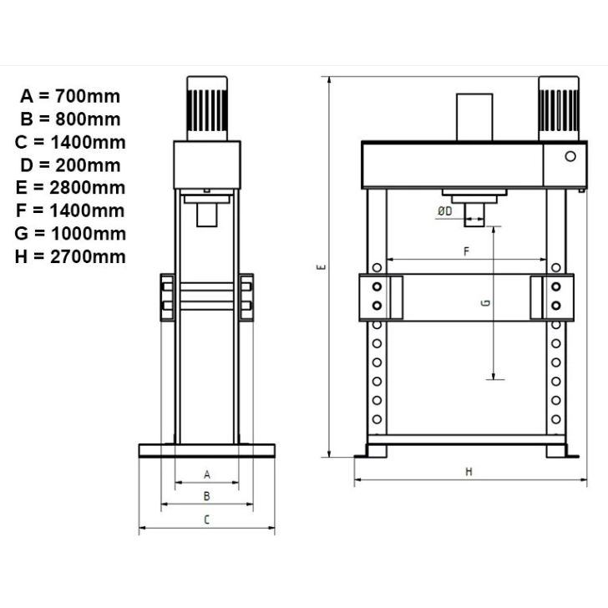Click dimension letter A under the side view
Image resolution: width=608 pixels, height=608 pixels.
point(207,474)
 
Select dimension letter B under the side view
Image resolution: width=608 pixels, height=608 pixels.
point(207,496)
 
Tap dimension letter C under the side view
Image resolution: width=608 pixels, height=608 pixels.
point(207,519)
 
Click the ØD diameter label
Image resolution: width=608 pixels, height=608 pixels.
point(444,211)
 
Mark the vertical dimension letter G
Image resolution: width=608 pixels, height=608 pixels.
point(485,304)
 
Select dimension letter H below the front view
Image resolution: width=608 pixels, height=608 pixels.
point(469,472)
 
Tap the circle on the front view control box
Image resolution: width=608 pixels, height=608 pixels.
point(570,156)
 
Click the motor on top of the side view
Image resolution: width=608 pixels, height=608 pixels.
point(207,107)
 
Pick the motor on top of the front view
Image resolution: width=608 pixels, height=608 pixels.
point(560,109)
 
